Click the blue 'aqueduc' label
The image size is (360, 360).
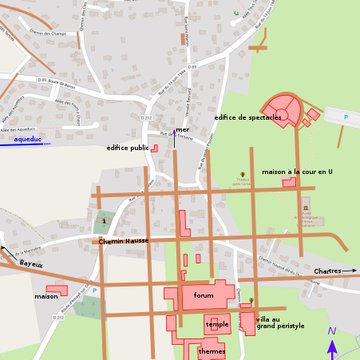coord(19,143)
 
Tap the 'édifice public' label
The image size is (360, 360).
coord(127,148)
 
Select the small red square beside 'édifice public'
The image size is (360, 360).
coord(154,148)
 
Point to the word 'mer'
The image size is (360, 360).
coord(182,130)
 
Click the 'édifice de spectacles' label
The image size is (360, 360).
coord(248,117)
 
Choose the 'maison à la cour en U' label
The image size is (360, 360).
coord(297,172)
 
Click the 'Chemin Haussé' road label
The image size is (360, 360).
coord(123,241)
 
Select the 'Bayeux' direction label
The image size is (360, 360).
coord(32,263)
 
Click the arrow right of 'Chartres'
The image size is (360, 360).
coord(350,271)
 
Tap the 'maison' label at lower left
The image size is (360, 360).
coord(46,296)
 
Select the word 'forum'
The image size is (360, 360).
coord(204,296)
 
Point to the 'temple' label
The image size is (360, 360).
coord(217,324)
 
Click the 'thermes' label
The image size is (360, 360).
coord(211,351)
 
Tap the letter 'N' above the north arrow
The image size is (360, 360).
coord(332,331)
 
